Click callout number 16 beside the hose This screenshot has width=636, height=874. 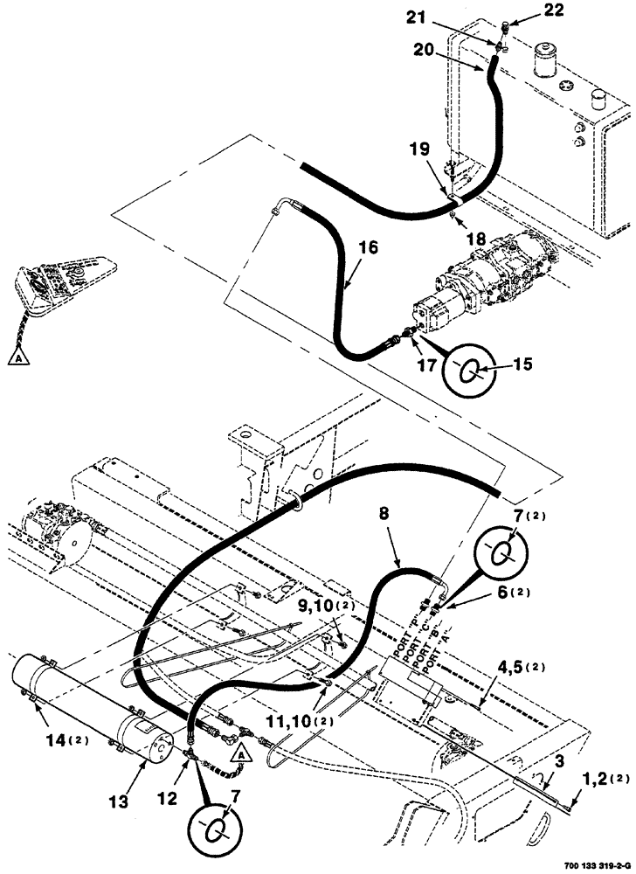369,248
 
